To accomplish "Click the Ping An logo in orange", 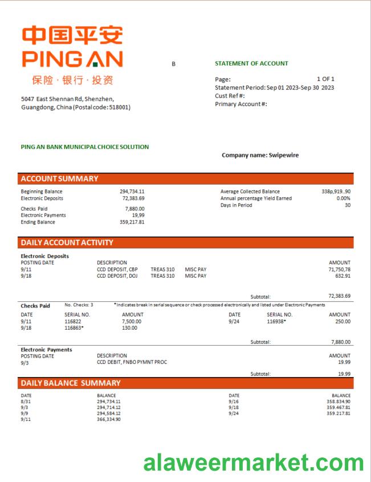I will pos(72,47).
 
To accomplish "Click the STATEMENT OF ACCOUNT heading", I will pos(251,63).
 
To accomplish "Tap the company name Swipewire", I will pos(260,155).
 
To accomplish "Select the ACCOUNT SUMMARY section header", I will pos(60,179).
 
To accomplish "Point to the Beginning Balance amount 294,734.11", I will pos(132,192).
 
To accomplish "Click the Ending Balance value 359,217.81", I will pos(132,222).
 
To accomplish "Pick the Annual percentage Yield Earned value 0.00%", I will pos(343,199).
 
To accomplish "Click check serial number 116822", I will pos(73,321).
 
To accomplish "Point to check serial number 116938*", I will pos(276,321).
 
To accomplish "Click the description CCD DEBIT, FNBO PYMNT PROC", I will pos(132,362).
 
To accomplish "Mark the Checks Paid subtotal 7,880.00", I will pos(340,342).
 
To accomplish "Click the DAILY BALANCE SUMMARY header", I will pos(71,383).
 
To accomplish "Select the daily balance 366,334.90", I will pos(108,419).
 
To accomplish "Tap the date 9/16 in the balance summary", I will pos(234,402).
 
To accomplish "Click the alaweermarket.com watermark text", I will pos(253,463).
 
